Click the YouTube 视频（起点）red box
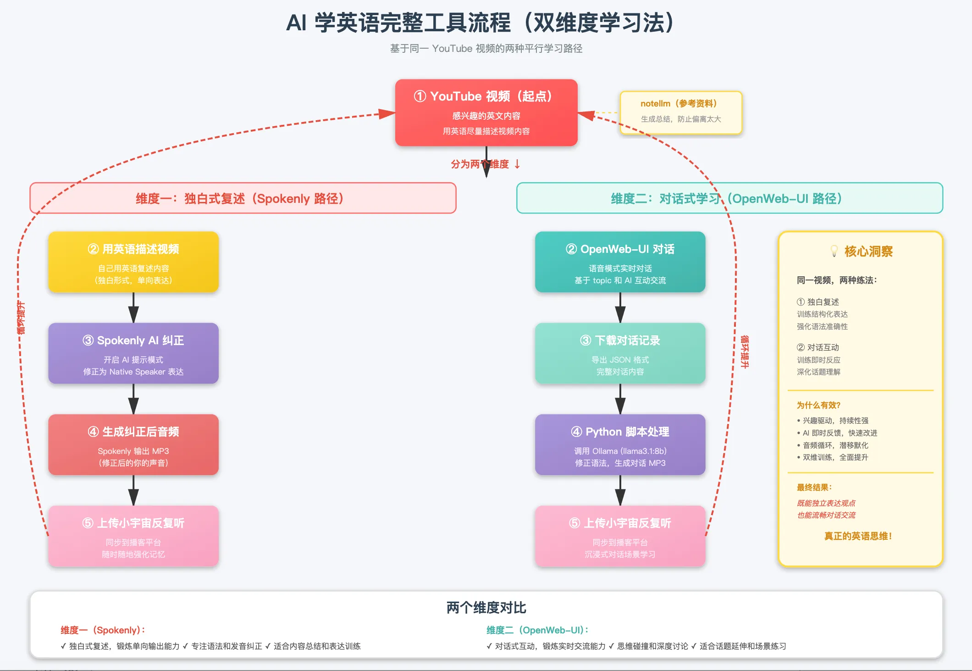pyautogui.click(x=486, y=112)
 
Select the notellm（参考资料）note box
pyautogui.click(x=680, y=112)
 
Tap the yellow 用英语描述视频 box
pyautogui.click(x=133, y=262)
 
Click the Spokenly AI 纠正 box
pyautogui.click(x=133, y=353)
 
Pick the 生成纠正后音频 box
pyautogui.click(x=133, y=445)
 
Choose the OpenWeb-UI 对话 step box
pyautogui.click(x=620, y=262)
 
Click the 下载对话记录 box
pyautogui.click(x=620, y=353)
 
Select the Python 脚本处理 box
pyautogui.click(x=620, y=445)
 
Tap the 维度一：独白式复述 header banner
pyautogui.click(x=243, y=198)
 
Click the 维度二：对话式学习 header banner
pyautogui.click(x=729, y=198)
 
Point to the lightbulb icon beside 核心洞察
pyautogui.click(x=834, y=251)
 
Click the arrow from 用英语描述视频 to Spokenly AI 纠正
pyautogui.click(x=133, y=308)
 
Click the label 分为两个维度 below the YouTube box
pyautogui.click(x=480, y=164)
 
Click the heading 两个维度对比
pyautogui.click(x=486, y=608)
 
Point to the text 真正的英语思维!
pyautogui.click(x=858, y=536)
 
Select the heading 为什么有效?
pyautogui.click(x=818, y=405)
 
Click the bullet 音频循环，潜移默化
pyautogui.click(x=835, y=445)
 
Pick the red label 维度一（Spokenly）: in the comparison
pyautogui.click(x=103, y=630)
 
